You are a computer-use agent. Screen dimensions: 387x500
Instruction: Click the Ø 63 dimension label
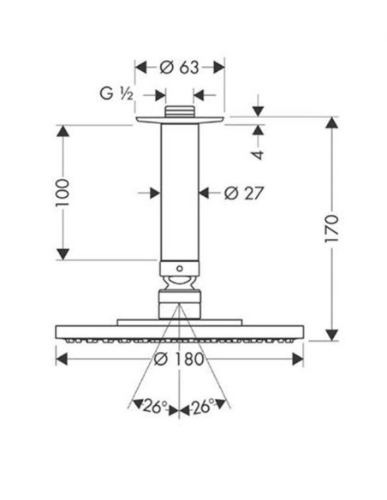[x=180, y=68]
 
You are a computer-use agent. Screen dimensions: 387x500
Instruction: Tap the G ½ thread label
[x=116, y=94]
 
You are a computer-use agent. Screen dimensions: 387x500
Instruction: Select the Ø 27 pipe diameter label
[x=244, y=193]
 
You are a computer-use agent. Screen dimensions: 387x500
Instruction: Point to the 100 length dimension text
[x=63, y=193]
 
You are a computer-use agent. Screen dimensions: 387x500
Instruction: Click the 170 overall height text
[x=331, y=229]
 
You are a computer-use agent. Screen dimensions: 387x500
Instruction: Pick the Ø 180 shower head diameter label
[x=179, y=359]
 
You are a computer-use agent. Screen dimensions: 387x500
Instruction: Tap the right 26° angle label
[x=203, y=406]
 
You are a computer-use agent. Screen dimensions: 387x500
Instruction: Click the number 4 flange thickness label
[x=259, y=154]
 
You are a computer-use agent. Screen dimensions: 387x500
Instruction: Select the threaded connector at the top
[x=180, y=111]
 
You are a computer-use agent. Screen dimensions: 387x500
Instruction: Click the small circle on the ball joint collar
[x=180, y=269]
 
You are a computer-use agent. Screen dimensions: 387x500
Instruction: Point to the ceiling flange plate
[x=180, y=120]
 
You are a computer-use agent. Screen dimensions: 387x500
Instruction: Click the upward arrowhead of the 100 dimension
[x=63, y=131]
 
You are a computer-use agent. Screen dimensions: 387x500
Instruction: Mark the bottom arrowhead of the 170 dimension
[x=332, y=335]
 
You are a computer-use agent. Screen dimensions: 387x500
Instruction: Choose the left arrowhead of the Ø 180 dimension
[x=62, y=359]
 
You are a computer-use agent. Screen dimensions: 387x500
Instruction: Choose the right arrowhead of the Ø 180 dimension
[x=297, y=359]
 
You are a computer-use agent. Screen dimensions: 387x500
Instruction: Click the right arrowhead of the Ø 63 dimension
[x=218, y=68]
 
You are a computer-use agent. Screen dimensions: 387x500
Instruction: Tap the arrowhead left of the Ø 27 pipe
[x=155, y=193]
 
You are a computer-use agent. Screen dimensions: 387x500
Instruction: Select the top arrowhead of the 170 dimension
[x=332, y=122]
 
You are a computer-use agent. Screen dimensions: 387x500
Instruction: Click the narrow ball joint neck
[x=180, y=283]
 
